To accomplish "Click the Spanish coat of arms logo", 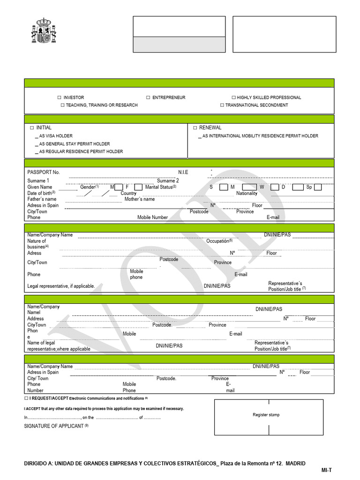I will pos(43,32).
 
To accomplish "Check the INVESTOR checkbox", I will pos(60,97).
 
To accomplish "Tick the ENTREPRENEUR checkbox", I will pos(148,97).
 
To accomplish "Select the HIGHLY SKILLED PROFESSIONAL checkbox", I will pos(233,97).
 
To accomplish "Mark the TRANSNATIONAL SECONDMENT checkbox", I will pos(222,105).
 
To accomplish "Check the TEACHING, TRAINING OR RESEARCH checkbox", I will pos(62,105).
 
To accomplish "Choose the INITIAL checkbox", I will pos(32,127).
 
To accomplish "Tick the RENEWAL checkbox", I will pos(195,127).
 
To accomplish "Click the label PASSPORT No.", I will pos(44,172).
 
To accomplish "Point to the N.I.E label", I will pos(183,172).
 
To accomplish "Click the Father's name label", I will pos(42,199).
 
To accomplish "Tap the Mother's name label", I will pos(140,199).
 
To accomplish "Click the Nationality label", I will pos(247,193).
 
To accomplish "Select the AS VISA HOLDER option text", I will pos(56,136).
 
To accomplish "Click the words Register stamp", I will pos(266,415).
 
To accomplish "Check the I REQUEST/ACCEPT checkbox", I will pos(26,398).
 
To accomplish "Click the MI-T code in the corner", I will pos(326,470).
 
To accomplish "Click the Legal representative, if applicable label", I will pos(61,286).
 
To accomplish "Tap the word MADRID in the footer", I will pos(295,463).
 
